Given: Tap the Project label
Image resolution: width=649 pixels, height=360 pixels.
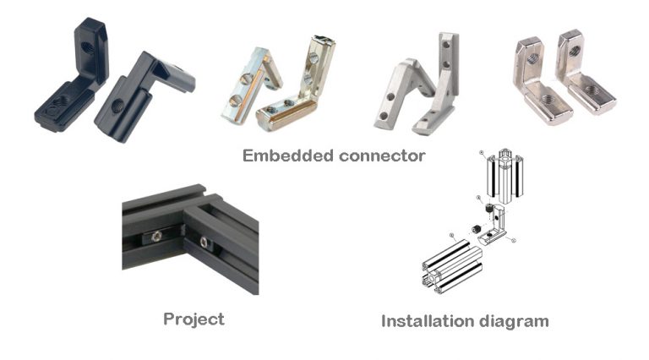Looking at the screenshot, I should click(194, 319).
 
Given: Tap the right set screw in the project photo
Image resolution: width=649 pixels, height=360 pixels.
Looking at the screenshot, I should click(205, 243).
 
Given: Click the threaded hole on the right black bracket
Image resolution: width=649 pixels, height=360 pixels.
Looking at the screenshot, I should click(118, 106).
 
